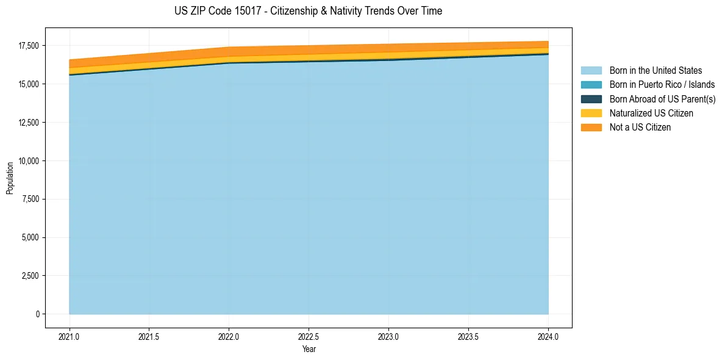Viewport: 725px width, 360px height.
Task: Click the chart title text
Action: pos(308,11)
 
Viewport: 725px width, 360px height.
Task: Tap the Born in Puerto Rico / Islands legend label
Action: pos(662,85)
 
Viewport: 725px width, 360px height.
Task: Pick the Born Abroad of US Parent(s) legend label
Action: pos(662,99)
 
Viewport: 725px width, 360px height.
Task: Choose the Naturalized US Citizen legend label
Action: pos(651,113)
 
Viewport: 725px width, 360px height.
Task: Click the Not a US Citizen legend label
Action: pos(640,128)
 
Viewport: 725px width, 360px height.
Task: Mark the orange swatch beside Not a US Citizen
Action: pos(591,128)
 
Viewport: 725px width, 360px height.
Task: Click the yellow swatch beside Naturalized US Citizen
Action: pos(591,113)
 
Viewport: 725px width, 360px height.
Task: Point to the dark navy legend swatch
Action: pos(591,99)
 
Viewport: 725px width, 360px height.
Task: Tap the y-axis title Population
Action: pos(10,178)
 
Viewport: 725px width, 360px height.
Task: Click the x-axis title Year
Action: pos(309,350)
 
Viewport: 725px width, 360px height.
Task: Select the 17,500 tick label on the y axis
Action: pos(27,46)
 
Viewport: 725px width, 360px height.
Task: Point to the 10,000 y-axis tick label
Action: pos(27,161)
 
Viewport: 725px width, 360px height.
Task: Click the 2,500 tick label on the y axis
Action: pos(29,276)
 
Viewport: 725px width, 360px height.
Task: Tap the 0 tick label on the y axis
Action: pos(37,314)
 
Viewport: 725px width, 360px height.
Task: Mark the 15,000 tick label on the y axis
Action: pos(27,84)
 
